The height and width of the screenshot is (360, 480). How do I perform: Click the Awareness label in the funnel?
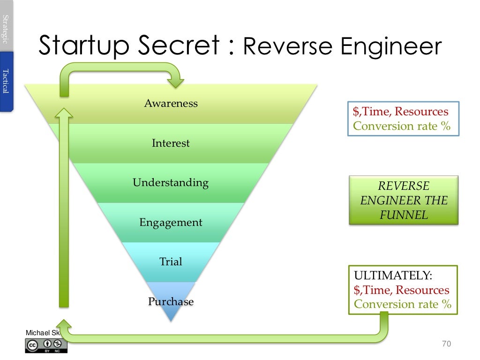pyautogui.click(x=171, y=103)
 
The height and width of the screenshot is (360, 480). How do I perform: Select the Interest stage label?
pyautogui.click(x=171, y=143)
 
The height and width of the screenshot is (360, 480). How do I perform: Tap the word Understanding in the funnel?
pyautogui.click(x=171, y=182)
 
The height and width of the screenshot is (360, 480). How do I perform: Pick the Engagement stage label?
pyautogui.click(x=171, y=222)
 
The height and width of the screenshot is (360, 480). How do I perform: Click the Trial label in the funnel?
pyautogui.click(x=171, y=262)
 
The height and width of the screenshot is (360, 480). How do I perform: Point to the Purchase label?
pyautogui.click(x=171, y=301)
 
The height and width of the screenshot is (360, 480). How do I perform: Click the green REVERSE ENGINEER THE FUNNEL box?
pyautogui.click(x=404, y=201)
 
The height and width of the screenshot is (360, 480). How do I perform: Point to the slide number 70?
pyautogui.click(x=446, y=344)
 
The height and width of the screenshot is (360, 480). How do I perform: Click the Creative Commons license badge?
pyautogui.click(x=46, y=345)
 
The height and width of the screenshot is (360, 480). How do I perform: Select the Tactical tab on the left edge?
pyautogui.click(x=6, y=81)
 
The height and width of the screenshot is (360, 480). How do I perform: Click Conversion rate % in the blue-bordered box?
pyautogui.click(x=402, y=126)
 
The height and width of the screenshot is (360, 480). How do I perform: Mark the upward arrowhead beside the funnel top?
pyautogui.click(x=64, y=113)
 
